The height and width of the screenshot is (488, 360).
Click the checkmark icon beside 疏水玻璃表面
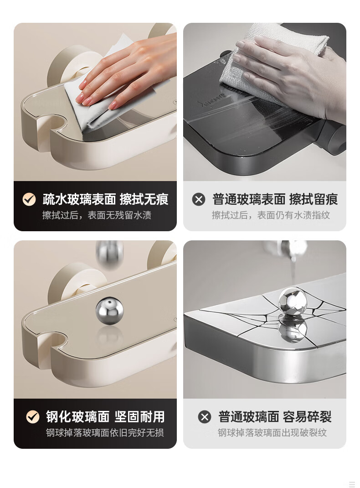[29, 199]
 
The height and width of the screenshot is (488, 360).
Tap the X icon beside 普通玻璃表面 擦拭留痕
[199, 199]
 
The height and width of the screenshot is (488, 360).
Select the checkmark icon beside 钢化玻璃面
[33, 417]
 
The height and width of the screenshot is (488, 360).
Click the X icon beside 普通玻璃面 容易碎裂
[205, 417]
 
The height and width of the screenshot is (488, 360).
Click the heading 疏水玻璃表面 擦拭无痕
[105, 199]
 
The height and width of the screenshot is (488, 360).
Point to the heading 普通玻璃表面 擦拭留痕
[275, 199]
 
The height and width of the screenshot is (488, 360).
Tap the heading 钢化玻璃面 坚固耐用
[105, 417]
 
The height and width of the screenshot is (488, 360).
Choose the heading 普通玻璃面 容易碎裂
[275, 417]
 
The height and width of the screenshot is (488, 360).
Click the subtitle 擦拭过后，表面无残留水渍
[97, 215]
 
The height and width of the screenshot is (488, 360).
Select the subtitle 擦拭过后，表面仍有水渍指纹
[271, 215]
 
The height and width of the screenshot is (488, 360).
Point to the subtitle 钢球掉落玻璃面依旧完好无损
[105, 433]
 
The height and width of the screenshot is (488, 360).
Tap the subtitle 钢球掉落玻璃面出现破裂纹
[272, 433]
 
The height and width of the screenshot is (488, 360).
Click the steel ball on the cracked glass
[293, 301]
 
